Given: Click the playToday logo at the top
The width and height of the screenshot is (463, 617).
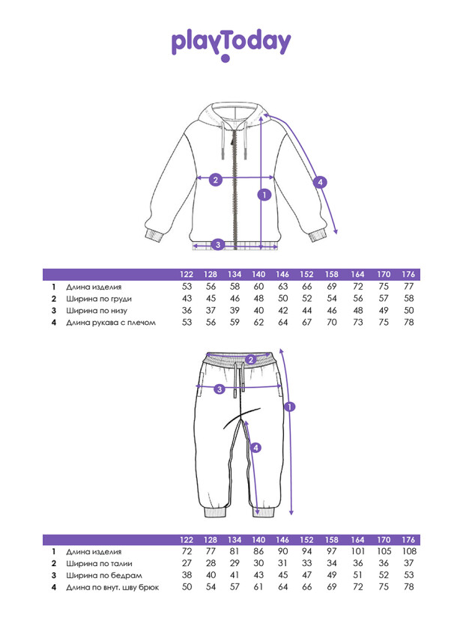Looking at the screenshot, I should [231, 43].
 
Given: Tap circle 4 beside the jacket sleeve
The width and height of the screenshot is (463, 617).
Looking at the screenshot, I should [320, 181].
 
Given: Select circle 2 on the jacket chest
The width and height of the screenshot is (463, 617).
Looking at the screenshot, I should [215, 179].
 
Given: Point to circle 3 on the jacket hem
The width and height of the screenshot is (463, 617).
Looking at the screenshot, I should [218, 244].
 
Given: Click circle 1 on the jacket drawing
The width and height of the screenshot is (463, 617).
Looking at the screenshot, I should [263, 195].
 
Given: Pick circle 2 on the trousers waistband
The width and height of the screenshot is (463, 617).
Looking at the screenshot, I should [251, 359].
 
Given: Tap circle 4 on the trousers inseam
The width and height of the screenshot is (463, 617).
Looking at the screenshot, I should [255, 448].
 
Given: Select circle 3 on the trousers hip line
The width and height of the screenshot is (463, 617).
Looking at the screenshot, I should [220, 389].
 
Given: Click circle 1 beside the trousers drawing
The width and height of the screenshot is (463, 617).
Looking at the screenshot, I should [290, 407].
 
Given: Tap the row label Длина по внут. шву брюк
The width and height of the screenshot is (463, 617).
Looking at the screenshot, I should [112, 588].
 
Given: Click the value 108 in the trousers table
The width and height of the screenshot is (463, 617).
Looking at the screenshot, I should [409, 551].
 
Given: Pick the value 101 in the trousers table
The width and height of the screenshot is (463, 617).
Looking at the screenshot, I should [357, 551].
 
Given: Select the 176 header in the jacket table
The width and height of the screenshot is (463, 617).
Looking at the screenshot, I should [408, 275].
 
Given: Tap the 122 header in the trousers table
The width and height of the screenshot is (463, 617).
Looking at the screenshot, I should [187, 540].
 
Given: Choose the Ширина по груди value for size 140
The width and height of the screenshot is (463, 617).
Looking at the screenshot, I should [259, 299].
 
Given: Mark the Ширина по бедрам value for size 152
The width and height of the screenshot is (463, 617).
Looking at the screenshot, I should [306, 575].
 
